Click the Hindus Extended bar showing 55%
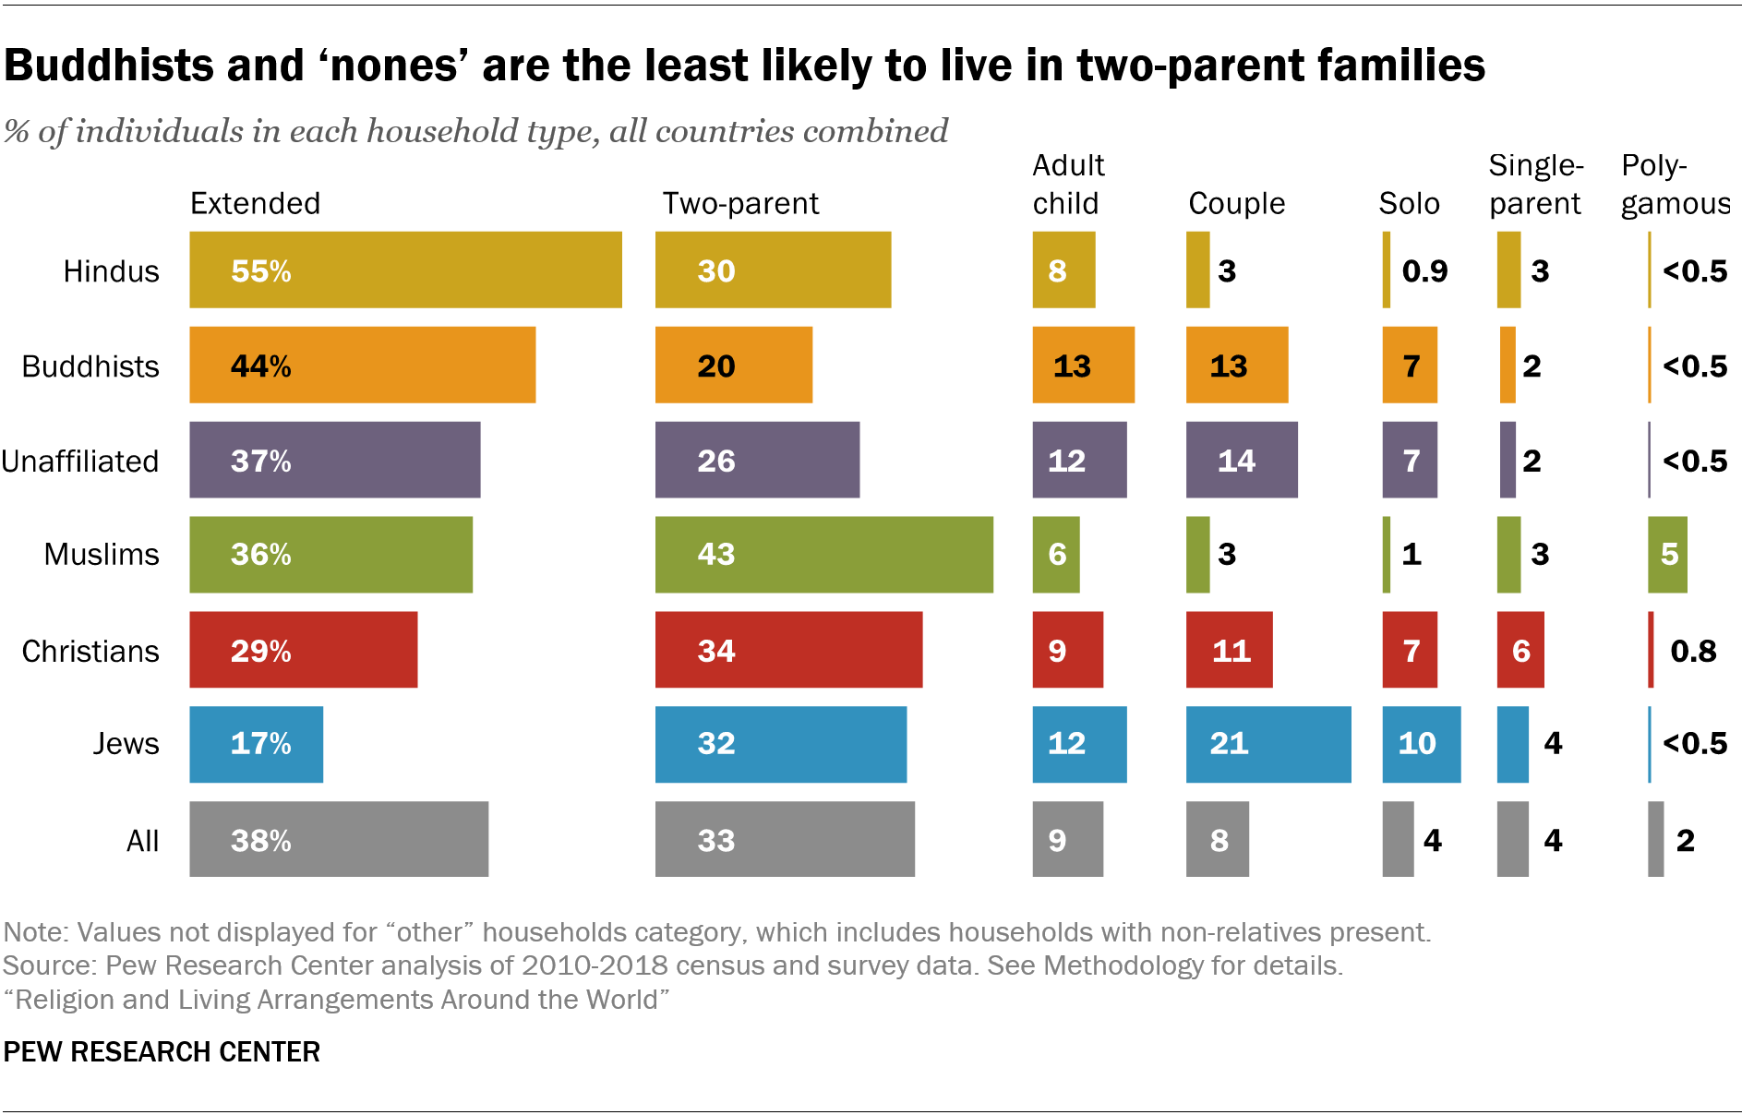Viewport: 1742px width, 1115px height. point(405,270)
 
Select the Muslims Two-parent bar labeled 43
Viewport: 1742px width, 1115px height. point(823,554)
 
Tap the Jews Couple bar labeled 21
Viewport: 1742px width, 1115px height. point(1267,744)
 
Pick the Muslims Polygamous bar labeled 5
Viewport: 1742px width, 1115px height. point(1667,554)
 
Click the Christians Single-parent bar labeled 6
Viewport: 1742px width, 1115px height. point(1520,650)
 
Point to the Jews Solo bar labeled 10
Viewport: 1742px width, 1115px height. point(1421,744)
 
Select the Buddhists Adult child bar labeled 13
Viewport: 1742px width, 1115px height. point(1083,365)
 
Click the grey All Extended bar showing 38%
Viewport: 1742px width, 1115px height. point(339,839)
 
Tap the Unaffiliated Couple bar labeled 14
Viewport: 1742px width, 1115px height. point(1241,460)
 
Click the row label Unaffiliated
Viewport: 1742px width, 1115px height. point(80,461)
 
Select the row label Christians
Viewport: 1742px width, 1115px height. point(90,651)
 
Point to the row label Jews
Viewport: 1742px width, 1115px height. point(126,744)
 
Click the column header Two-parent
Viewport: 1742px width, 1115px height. point(740,203)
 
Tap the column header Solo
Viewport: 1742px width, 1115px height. point(1409,203)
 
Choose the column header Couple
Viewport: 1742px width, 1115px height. point(1236,203)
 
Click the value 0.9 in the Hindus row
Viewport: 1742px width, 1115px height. point(1424,270)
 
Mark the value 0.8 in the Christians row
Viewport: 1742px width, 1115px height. point(1693,651)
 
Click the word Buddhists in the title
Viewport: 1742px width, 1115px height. point(106,66)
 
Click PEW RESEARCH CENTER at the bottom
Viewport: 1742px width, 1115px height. point(162,1051)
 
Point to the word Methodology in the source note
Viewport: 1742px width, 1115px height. point(1123,965)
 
